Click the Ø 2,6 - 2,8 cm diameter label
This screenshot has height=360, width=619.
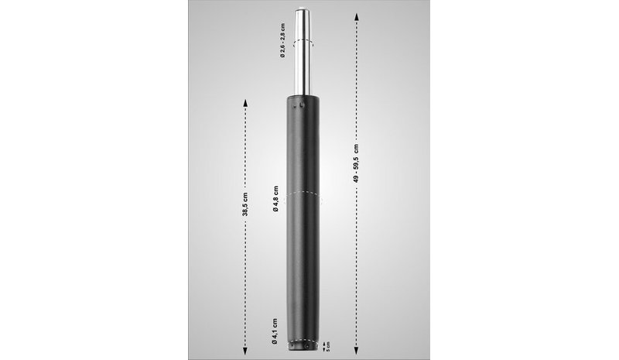[282, 41]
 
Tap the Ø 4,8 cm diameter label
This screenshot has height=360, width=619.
[275, 199]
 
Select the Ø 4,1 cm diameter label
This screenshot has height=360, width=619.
[275, 331]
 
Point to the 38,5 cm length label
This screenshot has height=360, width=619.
[245, 204]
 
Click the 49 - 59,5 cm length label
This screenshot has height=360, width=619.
[356, 163]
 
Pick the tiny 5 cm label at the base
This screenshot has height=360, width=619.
[328, 348]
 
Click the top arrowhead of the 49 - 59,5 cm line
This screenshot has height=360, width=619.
[356, 16]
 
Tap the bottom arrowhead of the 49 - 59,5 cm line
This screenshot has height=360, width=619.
[356, 351]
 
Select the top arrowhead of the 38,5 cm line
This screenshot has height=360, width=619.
[245, 103]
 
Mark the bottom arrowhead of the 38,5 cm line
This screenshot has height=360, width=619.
[245, 351]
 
